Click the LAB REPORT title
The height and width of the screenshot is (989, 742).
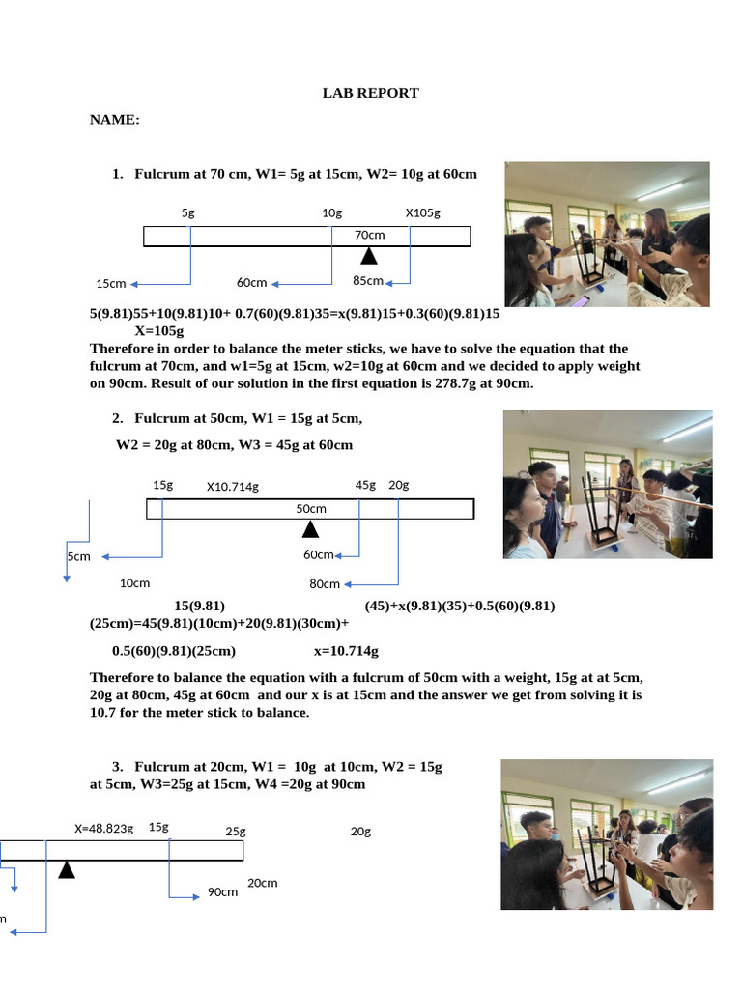(x=370, y=93)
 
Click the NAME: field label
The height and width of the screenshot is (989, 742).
(x=115, y=119)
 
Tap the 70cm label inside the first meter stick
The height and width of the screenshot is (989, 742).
(x=370, y=235)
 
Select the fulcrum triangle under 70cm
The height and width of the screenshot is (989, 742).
(x=369, y=255)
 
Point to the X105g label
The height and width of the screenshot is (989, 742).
(x=423, y=212)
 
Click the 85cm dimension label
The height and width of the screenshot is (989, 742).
(x=368, y=280)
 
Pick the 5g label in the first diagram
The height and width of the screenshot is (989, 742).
(x=188, y=212)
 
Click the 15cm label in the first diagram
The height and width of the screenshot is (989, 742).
(x=111, y=284)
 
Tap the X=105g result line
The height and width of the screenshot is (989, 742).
(x=159, y=330)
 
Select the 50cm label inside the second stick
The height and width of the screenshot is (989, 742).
(x=311, y=508)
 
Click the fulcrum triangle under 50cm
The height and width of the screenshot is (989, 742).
(x=310, y=529)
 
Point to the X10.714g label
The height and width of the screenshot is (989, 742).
(x=233, y=487)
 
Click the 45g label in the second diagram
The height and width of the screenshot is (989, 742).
(x=365, y=485)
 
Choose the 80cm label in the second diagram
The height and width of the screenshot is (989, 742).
(x=325, y=584)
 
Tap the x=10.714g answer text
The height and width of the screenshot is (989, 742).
(x=347, y=651)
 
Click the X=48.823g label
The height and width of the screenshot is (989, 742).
(x=104, y=828)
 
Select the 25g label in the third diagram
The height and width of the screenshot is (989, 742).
(x=236, y=832)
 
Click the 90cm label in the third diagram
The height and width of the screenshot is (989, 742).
(x=223, y=891)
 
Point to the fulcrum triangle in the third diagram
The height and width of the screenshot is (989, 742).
(x=67, y=869)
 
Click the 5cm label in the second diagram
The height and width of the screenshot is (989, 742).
(x=79, y=556)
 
